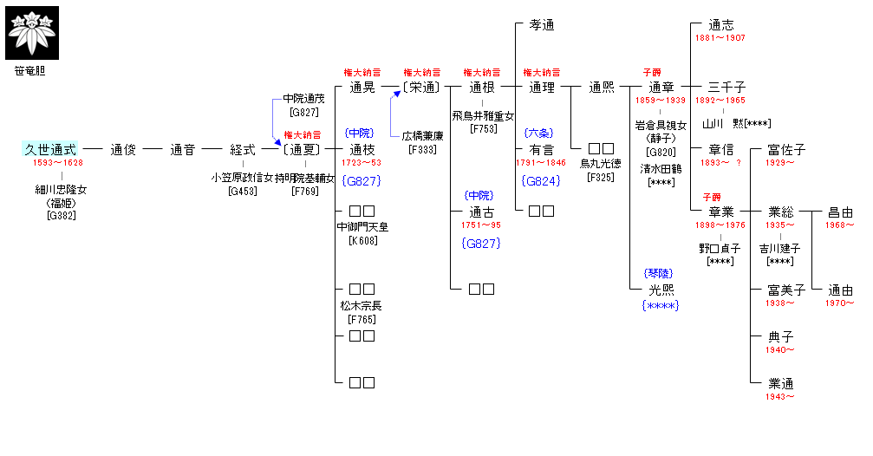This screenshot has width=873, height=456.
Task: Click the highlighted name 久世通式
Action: (50, 149)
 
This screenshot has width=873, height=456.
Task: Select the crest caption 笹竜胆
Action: (30, 71)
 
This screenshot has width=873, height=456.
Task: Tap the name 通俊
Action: (123, 149)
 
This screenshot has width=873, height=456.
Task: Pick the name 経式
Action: (243, 149)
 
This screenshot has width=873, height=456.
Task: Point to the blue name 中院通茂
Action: (304, 100)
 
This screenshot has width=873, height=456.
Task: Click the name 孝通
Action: (542, 25)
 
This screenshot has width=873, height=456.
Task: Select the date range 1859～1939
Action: (661, 101)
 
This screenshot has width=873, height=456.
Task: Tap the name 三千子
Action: (726, 88)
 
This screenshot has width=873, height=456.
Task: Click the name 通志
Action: (720, 25)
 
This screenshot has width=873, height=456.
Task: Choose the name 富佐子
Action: (786, 149)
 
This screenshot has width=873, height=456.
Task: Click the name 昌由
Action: (840, 212)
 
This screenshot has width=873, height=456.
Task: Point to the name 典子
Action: (781, 336)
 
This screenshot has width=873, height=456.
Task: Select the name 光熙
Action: (661, 290)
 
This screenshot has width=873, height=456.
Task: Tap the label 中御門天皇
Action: (362, 227)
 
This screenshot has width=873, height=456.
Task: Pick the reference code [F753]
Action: (482, 128)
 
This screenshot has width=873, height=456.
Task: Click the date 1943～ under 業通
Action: (780, 396)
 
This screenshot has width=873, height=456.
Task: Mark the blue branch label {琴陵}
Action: (661, 273)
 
